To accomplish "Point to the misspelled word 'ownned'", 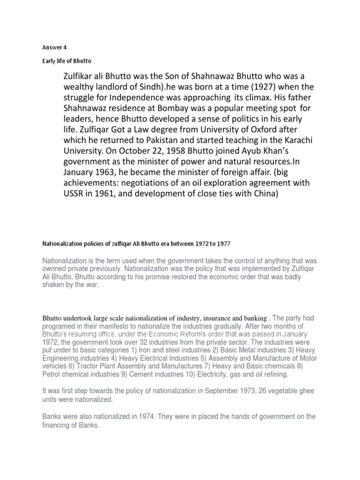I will [54, 269].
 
